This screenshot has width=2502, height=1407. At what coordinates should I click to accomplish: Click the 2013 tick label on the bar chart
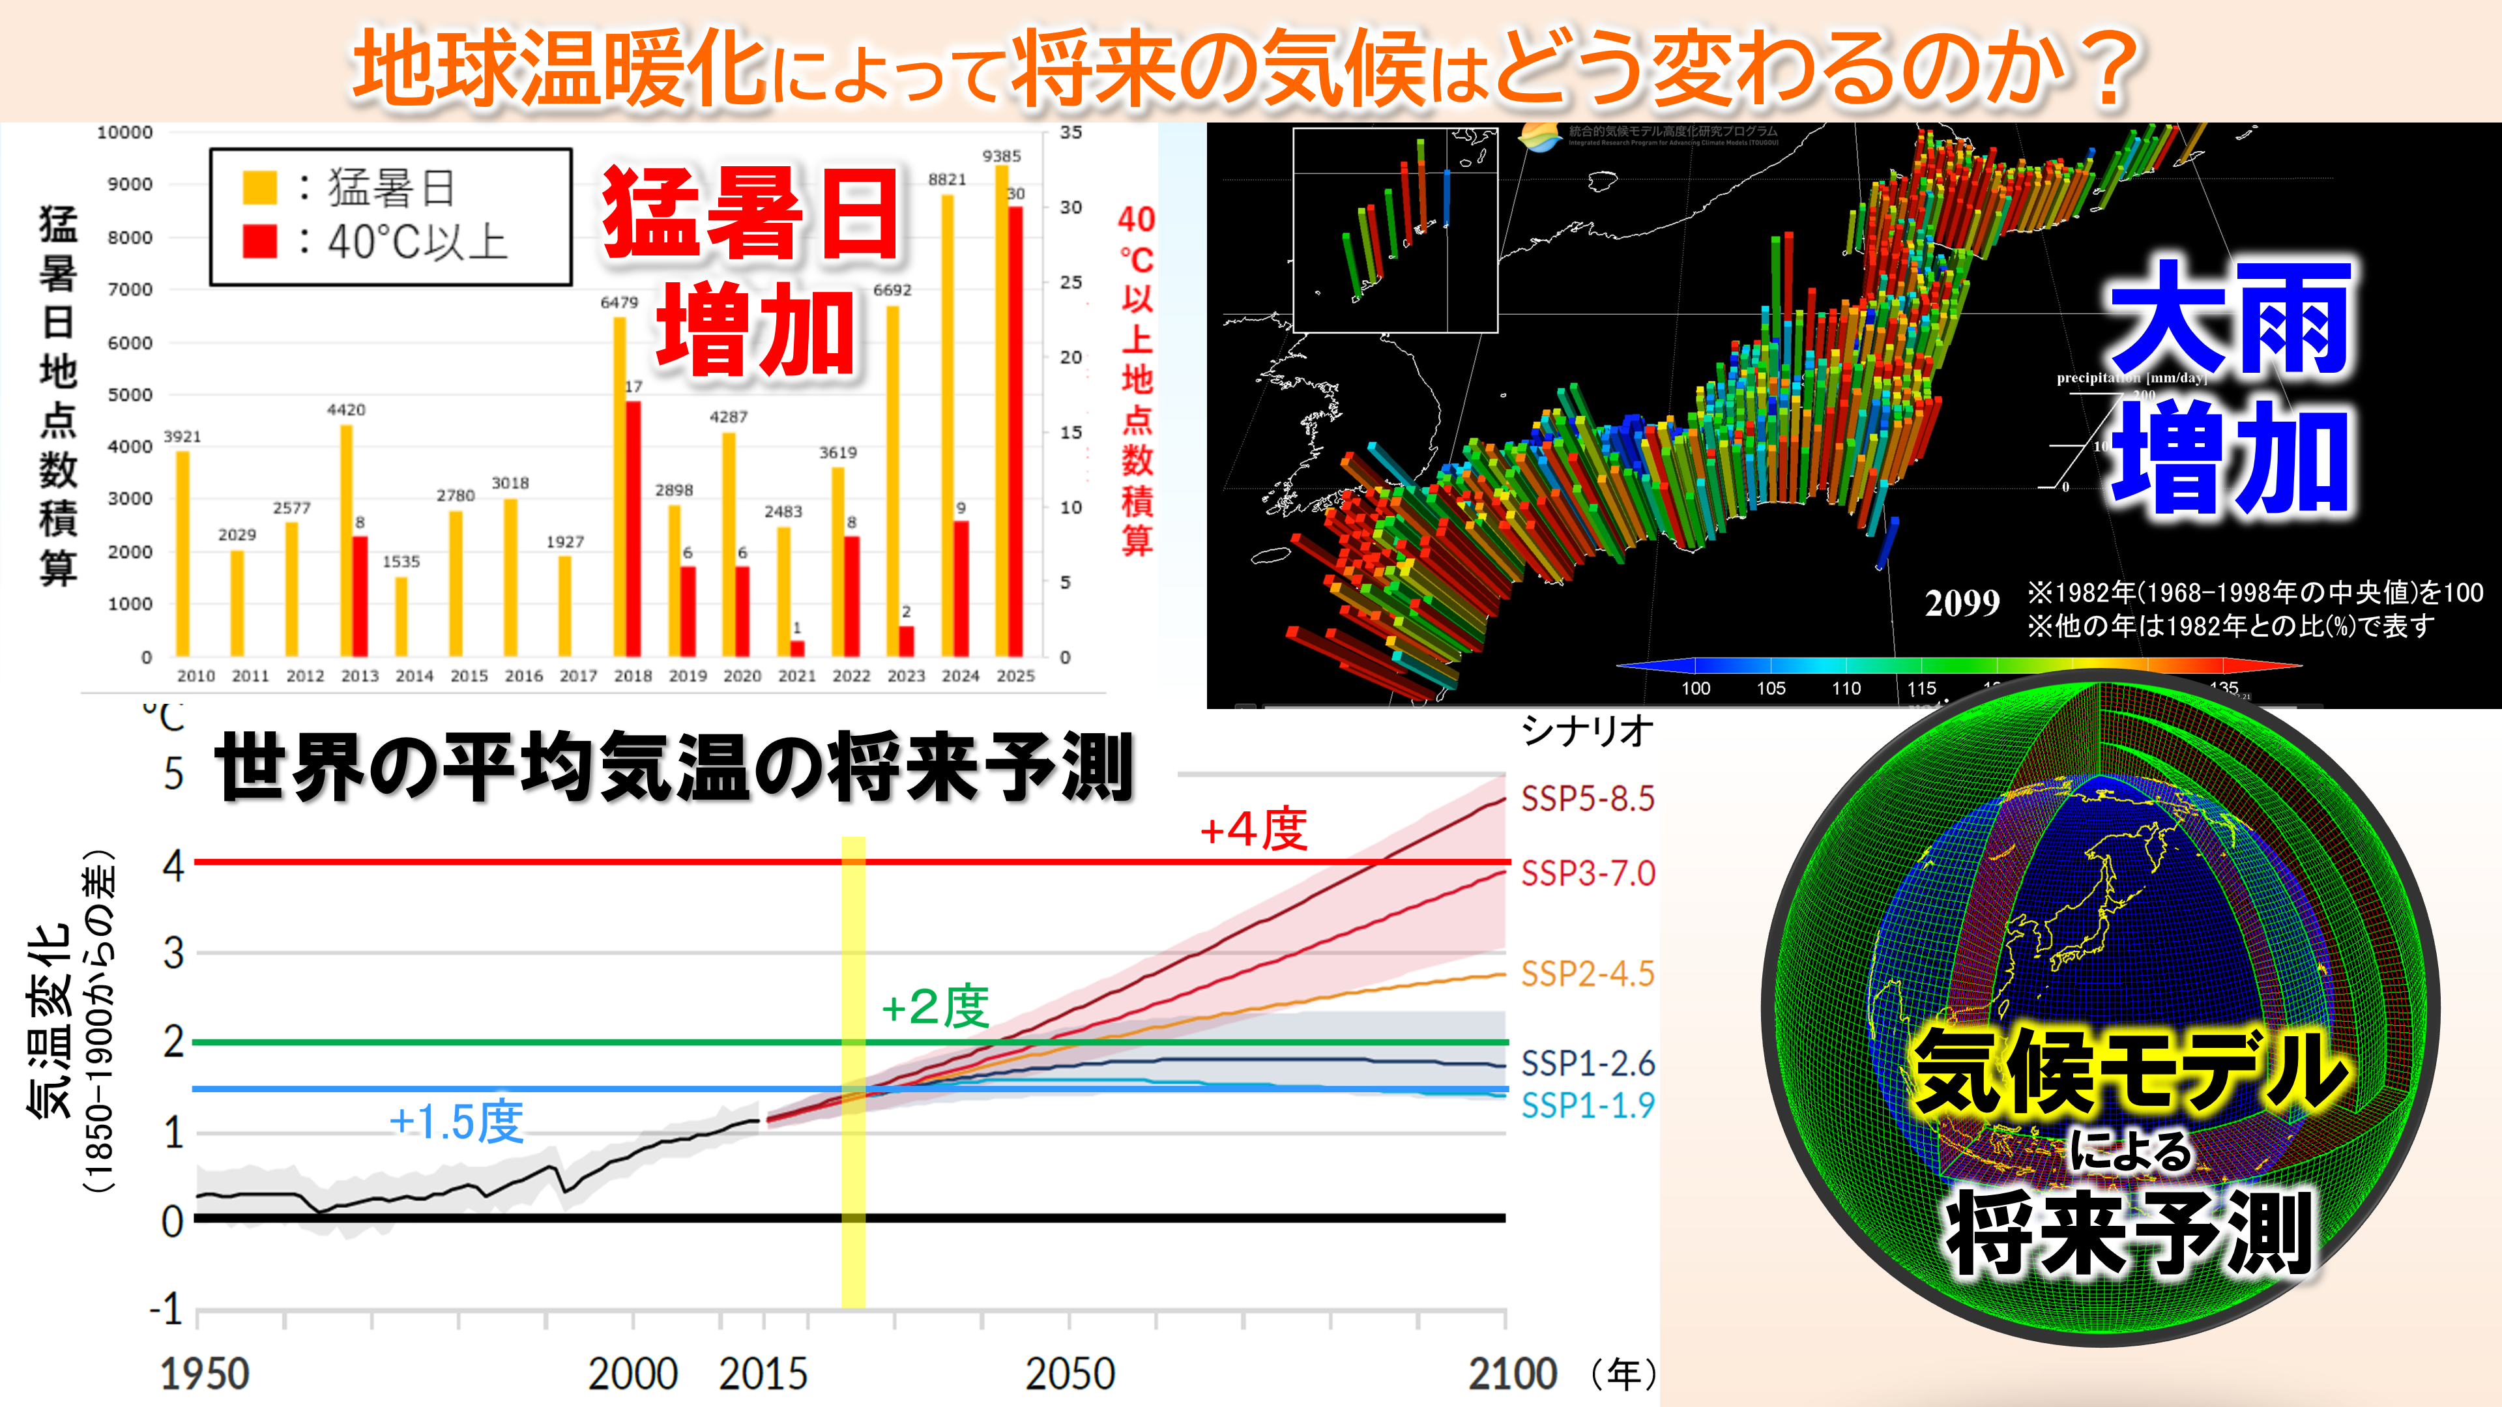click(359, 676)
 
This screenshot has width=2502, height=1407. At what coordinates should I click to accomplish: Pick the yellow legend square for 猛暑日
click(259, 188)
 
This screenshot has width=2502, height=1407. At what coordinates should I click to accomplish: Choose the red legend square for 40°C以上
click(259, 241)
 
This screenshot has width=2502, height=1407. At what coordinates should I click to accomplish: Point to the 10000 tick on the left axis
click(124, 133)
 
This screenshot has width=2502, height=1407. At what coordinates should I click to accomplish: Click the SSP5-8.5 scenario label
click(1587, 799)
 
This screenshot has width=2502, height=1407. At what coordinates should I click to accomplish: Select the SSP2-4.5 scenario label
click(1587, 974)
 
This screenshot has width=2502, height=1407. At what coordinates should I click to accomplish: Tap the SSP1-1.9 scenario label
click(1587, 1105)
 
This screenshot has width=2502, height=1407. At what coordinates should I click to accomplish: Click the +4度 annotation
click(1253, 831)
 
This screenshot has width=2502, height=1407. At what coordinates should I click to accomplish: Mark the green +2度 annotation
click(935, 1007)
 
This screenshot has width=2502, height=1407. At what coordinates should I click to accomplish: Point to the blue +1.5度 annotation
click(456, 1122)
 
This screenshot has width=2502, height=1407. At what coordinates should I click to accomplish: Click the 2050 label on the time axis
click(1069, 1374)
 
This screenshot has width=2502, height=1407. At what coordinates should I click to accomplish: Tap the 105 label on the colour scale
click(1771, 688)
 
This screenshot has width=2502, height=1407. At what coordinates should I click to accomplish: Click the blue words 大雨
click(2230, 319)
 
